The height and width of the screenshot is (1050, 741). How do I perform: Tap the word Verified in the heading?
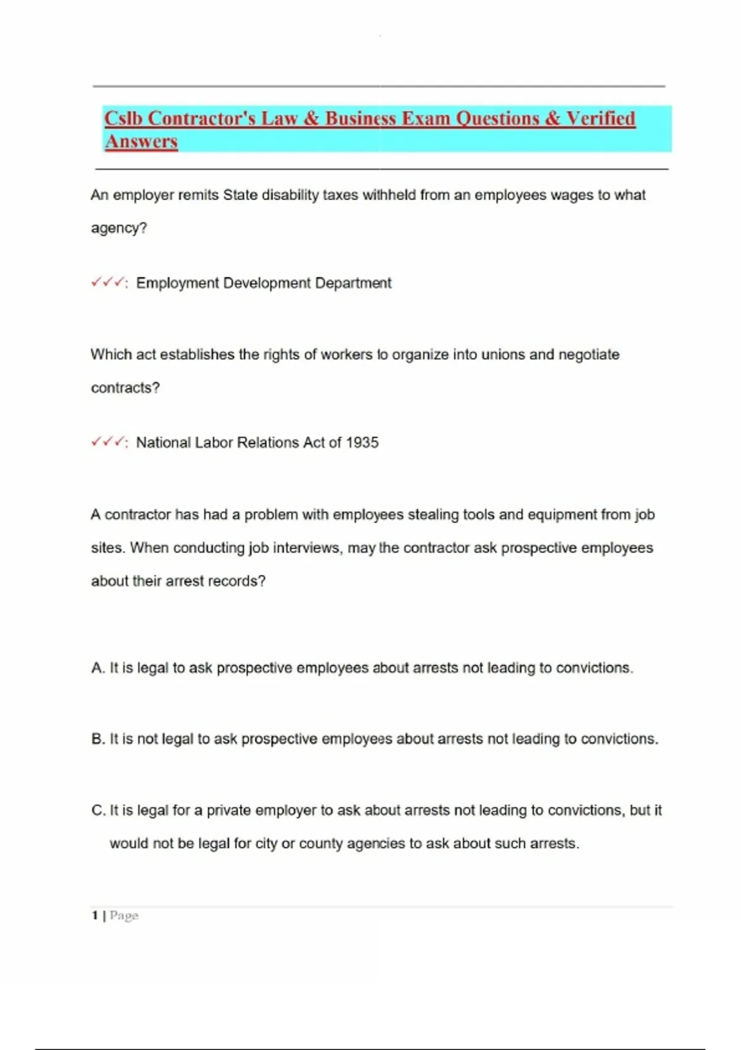point(601,118)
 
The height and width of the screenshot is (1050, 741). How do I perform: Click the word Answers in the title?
point(141,141)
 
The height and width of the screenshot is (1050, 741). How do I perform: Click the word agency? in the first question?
point(119,228)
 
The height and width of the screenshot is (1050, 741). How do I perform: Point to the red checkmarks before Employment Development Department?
point(107,283)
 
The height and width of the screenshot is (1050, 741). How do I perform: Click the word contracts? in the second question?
point(125,388)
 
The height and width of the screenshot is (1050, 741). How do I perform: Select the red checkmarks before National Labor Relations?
point(107,442)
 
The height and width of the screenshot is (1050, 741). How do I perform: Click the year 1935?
point(362,442)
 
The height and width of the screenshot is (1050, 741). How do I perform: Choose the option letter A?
point(98,668)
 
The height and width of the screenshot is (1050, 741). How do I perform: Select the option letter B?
point(98,739)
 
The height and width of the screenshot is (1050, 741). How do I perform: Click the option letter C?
point(98,810)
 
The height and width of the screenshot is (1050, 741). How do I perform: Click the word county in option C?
point(320,844)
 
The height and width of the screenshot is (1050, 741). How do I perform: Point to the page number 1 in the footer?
point(95,915)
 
